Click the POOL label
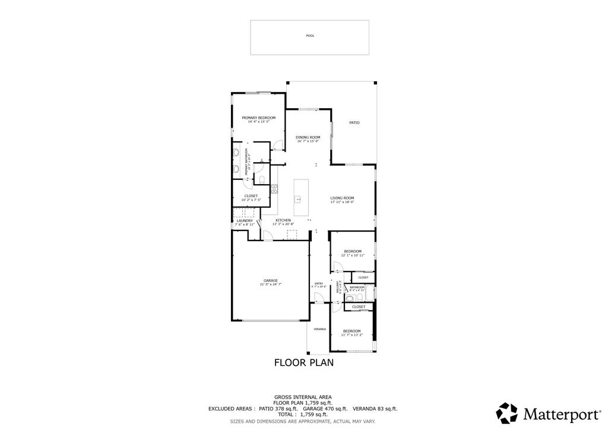tap(309, 36)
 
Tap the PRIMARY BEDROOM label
tap(258, 118)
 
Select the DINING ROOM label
tap(308, 137)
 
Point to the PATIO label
tap(354, 122)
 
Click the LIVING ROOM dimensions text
tap(342, 202)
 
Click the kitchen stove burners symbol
tap(274, 189)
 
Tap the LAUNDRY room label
tap(244, 220)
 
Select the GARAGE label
tap(270, 280)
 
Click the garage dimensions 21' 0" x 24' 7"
tap(270, 284)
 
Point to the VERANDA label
tap(319, 328)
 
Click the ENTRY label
tap(319, 283)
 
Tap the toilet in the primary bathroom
tap(261, 179)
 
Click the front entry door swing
tap(319, 298)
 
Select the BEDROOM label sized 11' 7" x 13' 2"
tap(351, 331)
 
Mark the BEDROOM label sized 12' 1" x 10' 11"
tap(353, 251)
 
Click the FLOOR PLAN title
tap(303, 362)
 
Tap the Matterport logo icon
tap(506, 413)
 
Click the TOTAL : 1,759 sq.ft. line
tap(303, 414)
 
